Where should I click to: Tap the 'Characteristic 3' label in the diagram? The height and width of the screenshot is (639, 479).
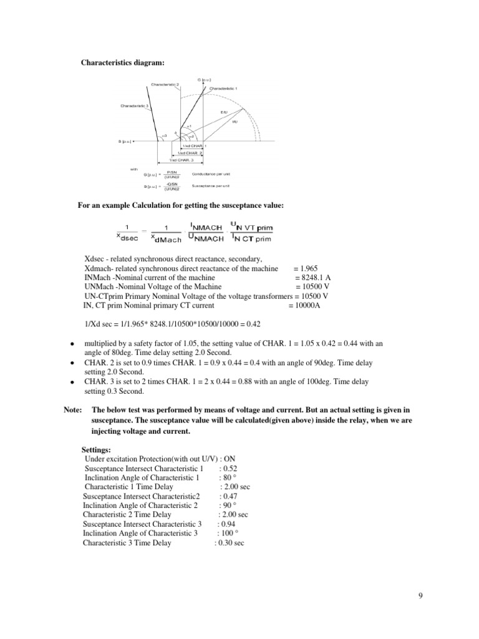tap(133, 105)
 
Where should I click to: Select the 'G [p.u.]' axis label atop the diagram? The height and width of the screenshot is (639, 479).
tap(204, 80)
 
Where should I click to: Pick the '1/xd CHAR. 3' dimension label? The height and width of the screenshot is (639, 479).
tap(182, 160)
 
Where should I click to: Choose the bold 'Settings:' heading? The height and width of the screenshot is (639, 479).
tap(97, 449)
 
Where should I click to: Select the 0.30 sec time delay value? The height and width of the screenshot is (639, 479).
tap(230, 543)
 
